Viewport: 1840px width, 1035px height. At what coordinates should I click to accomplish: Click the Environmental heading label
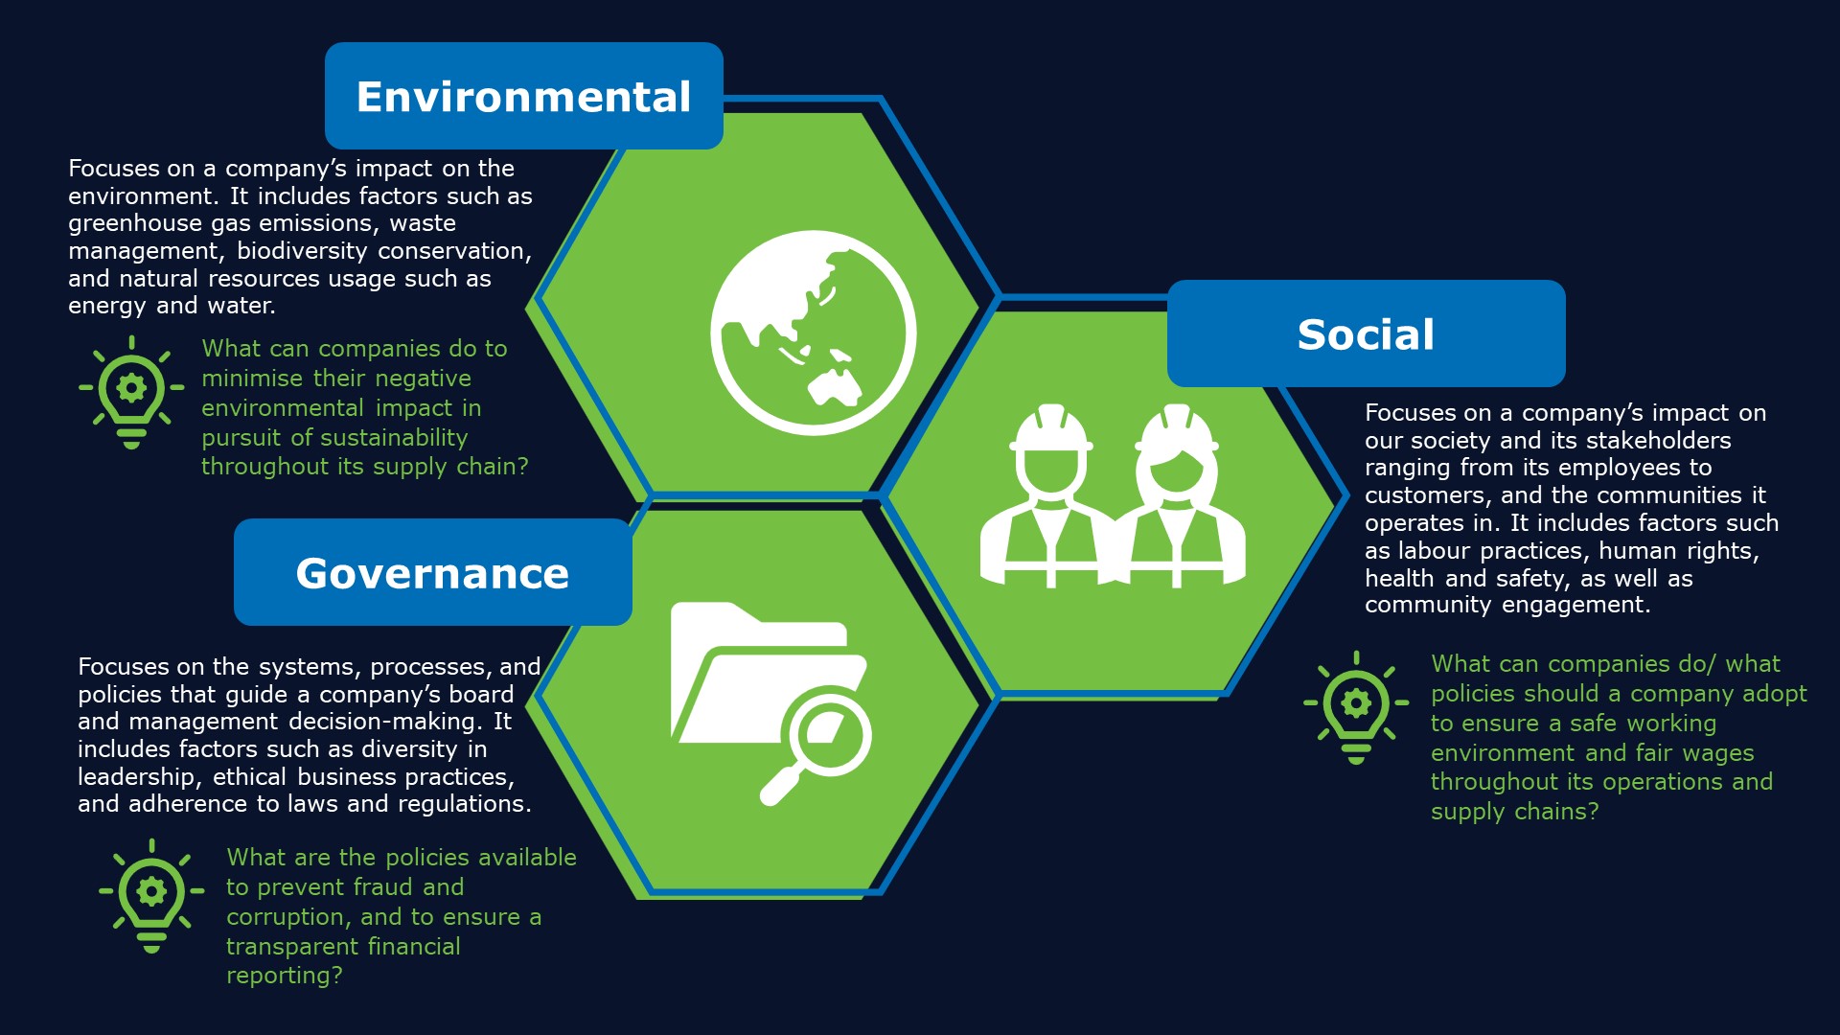523,97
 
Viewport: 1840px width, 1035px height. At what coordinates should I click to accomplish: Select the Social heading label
1366,334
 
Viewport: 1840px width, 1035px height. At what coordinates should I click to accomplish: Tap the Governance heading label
432,573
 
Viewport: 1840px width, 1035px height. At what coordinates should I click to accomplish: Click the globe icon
813,333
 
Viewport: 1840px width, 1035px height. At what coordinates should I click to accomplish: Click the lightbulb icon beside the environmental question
131,392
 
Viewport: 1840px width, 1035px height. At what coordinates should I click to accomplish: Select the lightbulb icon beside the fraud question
151,895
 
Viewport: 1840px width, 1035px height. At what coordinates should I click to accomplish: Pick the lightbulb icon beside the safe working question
1356,707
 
